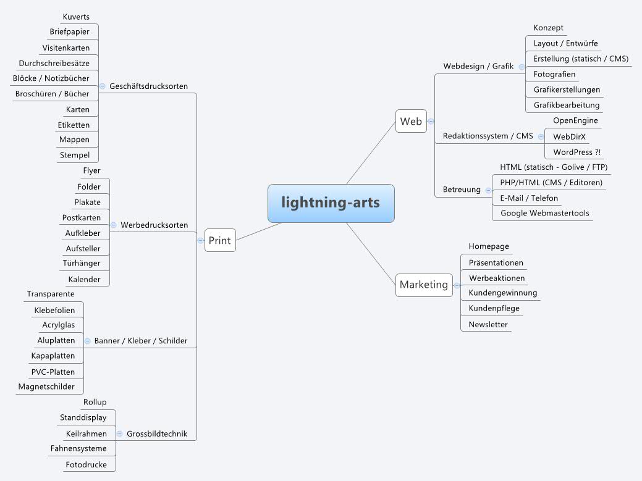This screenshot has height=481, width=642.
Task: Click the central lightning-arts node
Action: (x=331, y=203)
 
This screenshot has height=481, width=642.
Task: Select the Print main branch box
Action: (x=220, y=240)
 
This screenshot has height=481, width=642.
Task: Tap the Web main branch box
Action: (x=411, y=121)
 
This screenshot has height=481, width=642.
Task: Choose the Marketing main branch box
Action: (x=423, y=285)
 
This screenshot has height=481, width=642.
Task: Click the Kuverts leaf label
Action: (x=76, y=17)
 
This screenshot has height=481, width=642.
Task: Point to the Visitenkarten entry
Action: (x=66, y=48)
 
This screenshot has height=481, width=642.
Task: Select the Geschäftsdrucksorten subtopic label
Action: (x=148, y=86)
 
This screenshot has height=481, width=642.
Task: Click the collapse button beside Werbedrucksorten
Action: (x=113, y=225)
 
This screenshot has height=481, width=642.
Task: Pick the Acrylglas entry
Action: (x=59, y=325)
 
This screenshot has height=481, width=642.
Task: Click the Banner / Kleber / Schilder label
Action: (x=141, y=341)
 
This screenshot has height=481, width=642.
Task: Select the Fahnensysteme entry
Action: (x=78, y=448)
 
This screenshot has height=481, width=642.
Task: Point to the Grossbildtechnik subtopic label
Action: (x=157, y=434)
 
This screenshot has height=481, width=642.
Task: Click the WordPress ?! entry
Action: (x=577, y=152)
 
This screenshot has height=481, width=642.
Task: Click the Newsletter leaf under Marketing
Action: (x=488, y=324)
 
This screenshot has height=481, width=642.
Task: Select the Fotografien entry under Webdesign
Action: (x=554, y=74)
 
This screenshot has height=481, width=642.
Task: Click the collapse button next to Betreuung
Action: (x=488, y=190)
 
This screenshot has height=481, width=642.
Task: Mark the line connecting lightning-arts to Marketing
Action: (x=371, y=253)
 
